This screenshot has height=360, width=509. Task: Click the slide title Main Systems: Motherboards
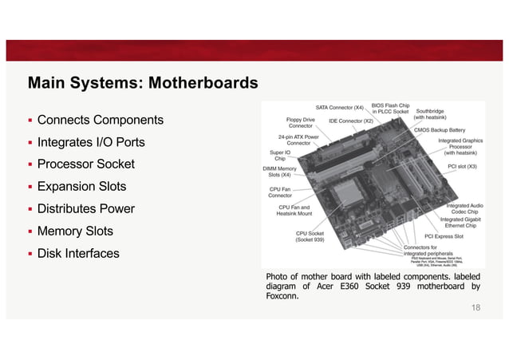[143, 83]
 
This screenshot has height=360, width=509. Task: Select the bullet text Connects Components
[100, 120]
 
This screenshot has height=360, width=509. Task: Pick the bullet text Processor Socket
[86, 164]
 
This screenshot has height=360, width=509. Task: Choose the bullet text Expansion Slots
[82, 187]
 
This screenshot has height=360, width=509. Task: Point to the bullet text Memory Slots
[75, 231]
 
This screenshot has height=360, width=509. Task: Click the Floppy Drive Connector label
[301, 122]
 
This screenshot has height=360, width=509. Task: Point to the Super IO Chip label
[280, 155]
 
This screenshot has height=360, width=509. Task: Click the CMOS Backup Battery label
[440, 129]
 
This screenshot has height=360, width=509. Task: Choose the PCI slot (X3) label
[463, 167]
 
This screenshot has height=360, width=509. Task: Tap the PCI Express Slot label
[444, 236]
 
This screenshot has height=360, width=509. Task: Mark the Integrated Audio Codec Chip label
[465, 208]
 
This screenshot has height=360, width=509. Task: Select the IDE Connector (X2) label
[351, 121]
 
